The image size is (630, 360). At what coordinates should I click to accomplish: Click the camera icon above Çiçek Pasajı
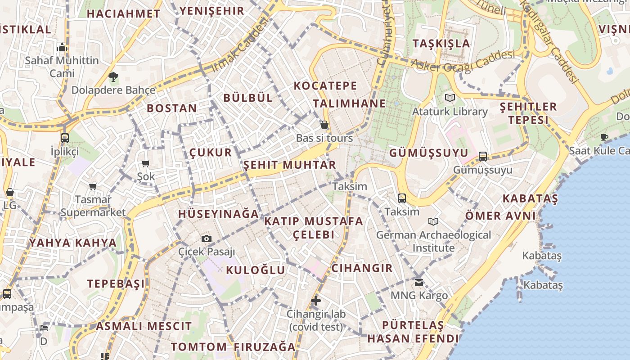tap(207, 238)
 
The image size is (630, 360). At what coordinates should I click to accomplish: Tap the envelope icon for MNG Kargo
tap(419, 283)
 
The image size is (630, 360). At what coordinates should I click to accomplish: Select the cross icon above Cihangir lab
tap(316, 301)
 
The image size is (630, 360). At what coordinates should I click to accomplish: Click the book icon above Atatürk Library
tap(450, 98)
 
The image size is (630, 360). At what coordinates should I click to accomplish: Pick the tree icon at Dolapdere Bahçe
tap(113, 77)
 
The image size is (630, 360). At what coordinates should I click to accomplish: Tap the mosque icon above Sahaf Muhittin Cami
tap(62, 47)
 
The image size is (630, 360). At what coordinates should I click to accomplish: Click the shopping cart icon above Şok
tap(145, 163)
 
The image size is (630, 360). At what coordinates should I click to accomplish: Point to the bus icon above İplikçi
tap(65, 138)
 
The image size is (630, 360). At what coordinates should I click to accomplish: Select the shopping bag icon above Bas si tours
tap(324, 125)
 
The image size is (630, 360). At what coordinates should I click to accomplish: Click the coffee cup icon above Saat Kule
tap(604, 137)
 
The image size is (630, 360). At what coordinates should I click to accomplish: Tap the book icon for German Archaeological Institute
tap(433, 222)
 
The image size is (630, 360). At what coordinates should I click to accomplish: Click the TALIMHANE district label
tap(349, 103)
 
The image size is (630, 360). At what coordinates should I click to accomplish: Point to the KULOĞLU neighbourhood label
tap(256, 270)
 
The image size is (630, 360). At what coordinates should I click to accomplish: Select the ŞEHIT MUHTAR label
tap(290, 165)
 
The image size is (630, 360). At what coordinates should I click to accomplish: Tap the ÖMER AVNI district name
tap(500, 216)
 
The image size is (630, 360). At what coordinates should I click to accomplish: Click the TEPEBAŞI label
tap(116, 283)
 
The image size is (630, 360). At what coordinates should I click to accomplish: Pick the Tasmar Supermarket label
tap(93, 206)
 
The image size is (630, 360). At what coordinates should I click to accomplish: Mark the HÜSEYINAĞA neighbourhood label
tap(219, 214)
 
